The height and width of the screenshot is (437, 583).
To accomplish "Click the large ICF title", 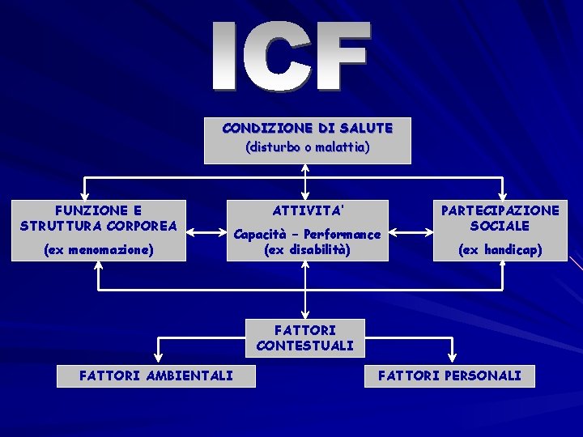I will pyautogui.click(x=292, y=57).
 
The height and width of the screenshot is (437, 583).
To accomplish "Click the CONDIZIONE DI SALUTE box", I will pyautogui.click(x=307, y=140).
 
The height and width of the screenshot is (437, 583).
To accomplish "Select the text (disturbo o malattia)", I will pyautogui.click(x=307, y=148).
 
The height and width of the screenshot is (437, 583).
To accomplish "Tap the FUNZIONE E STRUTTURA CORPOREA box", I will pyautogui.click(x=99, y=230).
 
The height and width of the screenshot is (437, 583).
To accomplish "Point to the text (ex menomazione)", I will pyautogui.click(x=99, y=250).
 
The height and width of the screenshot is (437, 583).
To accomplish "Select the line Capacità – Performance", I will pyautogui.click(x=307, y=235).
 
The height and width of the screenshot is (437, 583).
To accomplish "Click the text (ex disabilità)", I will pyautogui.click(x=307, y=250).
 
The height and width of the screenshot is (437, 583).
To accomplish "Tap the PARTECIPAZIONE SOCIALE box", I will pyautogui.click(x=500, y=230).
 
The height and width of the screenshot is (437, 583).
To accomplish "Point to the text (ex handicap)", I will pyautogui.click(x=500, y=250).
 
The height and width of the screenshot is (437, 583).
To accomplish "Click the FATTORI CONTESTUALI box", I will pyautogui.click(x=305, y=337).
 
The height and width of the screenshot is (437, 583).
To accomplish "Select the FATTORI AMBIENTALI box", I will pyautogui.click(x=155, y=375).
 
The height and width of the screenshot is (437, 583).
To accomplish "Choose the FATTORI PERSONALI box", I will pyautogui.click(x=449, y=375).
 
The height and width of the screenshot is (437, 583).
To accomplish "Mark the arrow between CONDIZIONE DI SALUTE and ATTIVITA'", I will pyautogui.click(x=306, y=182).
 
